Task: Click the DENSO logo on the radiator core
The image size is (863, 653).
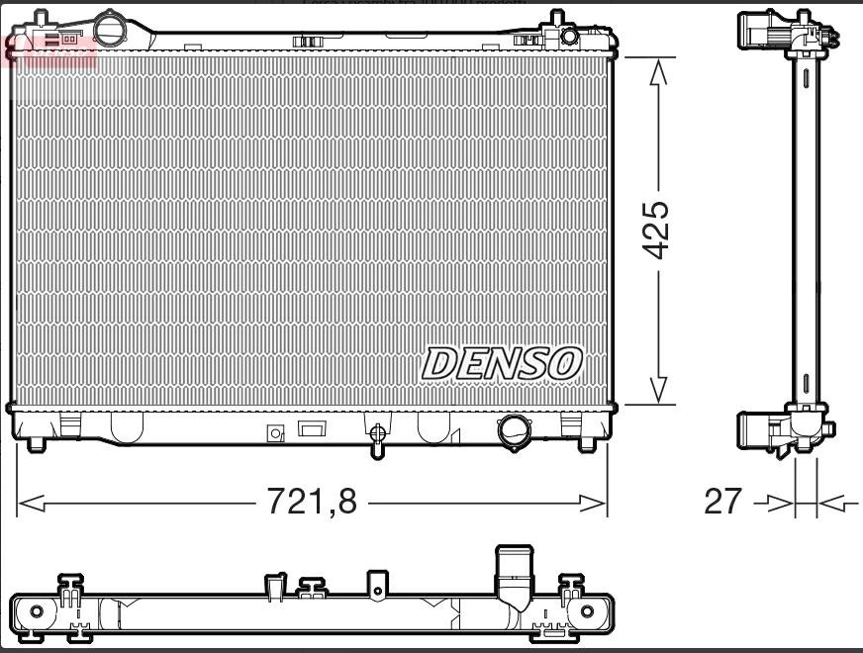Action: (x=502, y=363)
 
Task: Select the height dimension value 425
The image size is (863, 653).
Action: (x=656, y=231)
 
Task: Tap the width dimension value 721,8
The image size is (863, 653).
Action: (x=312, y=503)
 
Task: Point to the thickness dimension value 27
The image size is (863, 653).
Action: (x=721, y=503)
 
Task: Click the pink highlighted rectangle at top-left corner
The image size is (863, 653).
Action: (x=50, y=48)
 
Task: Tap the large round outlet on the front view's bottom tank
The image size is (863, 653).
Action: (x=514, y=430)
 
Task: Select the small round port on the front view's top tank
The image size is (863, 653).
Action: (x=569, y=36)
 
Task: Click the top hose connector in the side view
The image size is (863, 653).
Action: (x=762, y=33)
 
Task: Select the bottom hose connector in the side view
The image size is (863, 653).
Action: (x=762, y=431)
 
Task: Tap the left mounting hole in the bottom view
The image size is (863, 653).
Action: (x=37, y=610)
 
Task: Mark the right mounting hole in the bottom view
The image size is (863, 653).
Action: (x=592, y=610)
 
